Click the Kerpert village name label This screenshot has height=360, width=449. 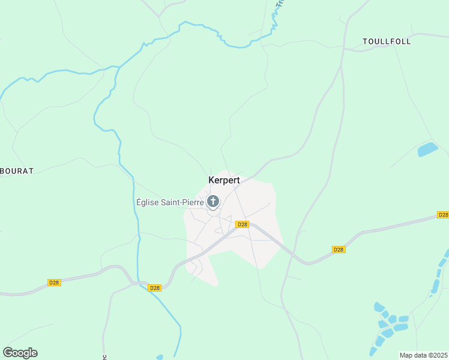click(x=224, y=180)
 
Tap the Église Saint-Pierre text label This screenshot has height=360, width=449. click(x=170, y=202)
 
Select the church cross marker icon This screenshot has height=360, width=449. click(x=212, y=201)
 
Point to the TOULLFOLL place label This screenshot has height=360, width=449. click(x=387, y=41)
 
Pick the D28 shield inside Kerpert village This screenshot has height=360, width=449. click(x=242, y=224)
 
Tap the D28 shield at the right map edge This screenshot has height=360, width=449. click(x=442, y=215)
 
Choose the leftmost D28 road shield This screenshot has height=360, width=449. click(x=54, y=282)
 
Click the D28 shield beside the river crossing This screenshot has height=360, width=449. click(x=155, y=288)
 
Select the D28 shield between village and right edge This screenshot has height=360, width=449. click(x=339, y=250)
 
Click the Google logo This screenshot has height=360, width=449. click(x=20, y=352)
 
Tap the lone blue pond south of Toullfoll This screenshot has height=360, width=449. click(x=427, y=149)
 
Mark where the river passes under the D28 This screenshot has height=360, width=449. click(x=142, y=283)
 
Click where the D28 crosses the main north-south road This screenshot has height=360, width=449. click(x=295, y=254)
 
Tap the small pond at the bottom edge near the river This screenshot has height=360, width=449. click(x=159, y=358)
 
